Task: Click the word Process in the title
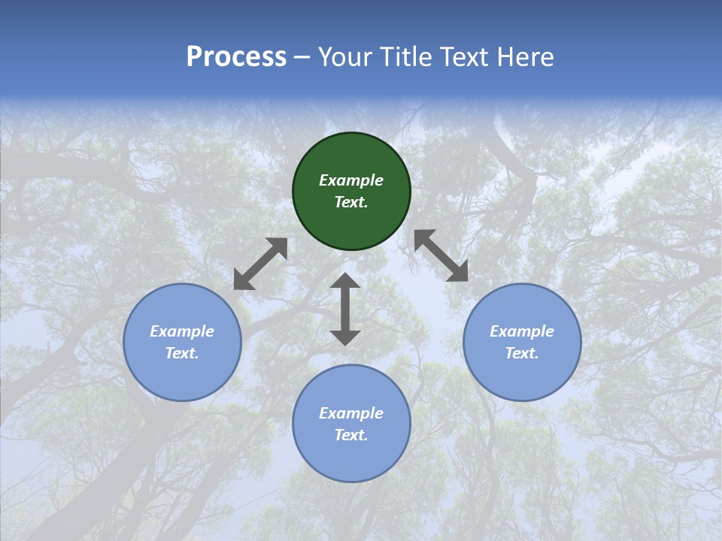[x=236, y=57]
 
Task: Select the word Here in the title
[x=526, y=57]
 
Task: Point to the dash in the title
[x=302, y=59]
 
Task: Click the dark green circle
[x=351, y=191]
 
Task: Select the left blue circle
[x=182, y=342]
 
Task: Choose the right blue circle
[x=522, y=342]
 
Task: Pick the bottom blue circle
[x=351, y=423]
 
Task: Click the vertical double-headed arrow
[x=345, y=309]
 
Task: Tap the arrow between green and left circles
[x=261, y=264]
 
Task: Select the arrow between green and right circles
[x=441, y=255]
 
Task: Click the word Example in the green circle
[x=351, y=180]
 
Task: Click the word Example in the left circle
[x=182, y=331]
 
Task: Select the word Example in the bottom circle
[x=351, y=413]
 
